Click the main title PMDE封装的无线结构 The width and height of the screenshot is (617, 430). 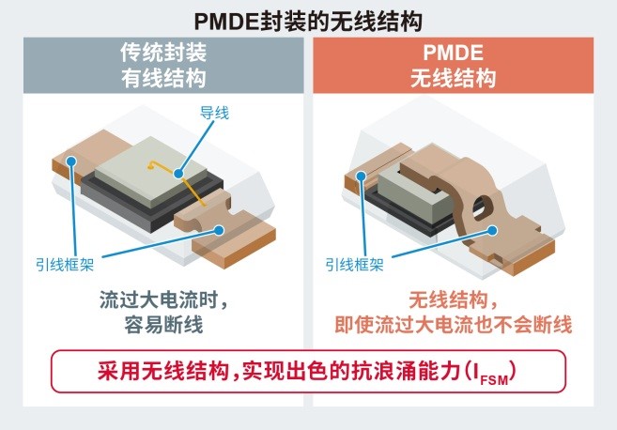pos(308,22)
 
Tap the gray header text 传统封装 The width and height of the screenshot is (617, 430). pos(163,53)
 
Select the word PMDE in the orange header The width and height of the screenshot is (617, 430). pos(453,53)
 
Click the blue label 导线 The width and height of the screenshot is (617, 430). pos(214,113)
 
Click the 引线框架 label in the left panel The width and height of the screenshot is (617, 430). pos(65,265)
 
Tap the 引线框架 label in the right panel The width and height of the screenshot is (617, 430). pos(355,265)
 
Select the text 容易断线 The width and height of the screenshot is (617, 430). pos(163,325)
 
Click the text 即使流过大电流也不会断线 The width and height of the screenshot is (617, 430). pos(453,325)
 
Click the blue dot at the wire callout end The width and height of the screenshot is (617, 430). pos(178,173)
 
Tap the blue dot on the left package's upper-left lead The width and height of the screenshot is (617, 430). pos(71,161)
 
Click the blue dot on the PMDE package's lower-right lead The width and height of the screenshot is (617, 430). pos(492,231)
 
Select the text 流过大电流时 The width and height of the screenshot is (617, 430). pos(159,300)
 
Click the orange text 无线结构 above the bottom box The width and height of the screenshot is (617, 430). pos(449,300)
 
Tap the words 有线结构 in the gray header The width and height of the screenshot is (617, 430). pos(163,78)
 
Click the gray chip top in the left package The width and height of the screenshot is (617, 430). pos(150,170)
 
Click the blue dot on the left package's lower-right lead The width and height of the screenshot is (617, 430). pos(219,230)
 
